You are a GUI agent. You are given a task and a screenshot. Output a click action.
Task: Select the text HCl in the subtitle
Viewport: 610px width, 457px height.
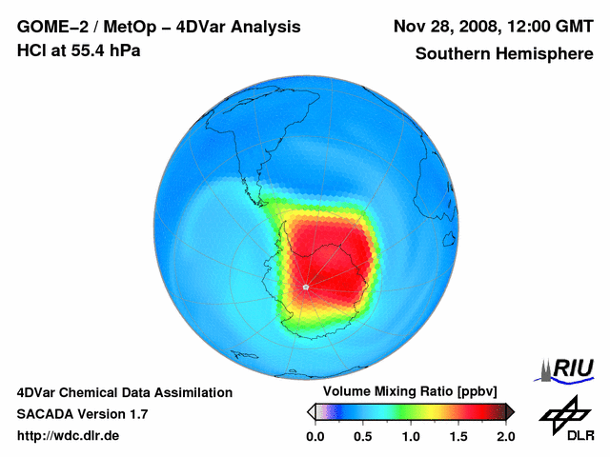[30, 50]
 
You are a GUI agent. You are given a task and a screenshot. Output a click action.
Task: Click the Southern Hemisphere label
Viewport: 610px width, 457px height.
[502, 53]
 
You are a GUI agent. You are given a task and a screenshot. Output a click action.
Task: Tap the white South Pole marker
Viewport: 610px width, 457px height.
[305, 286]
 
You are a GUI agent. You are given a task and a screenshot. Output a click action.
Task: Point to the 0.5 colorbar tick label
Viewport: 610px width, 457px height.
[362, 436]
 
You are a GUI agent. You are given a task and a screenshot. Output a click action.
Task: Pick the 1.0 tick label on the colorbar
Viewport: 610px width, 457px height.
[410, 436]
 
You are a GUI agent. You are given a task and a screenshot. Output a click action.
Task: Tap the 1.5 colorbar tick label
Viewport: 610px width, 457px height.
[457, 436]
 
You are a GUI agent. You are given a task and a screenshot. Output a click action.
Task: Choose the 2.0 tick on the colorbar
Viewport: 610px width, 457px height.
[505, 436]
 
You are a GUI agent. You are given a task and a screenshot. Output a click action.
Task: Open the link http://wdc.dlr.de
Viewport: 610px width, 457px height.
[69, 436]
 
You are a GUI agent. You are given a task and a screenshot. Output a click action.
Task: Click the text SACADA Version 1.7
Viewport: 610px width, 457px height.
[82, 414]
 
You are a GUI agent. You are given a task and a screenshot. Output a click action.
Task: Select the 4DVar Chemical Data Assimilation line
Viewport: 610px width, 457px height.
[124, 392]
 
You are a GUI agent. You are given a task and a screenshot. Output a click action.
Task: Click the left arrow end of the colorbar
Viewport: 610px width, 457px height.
[311, 411]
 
